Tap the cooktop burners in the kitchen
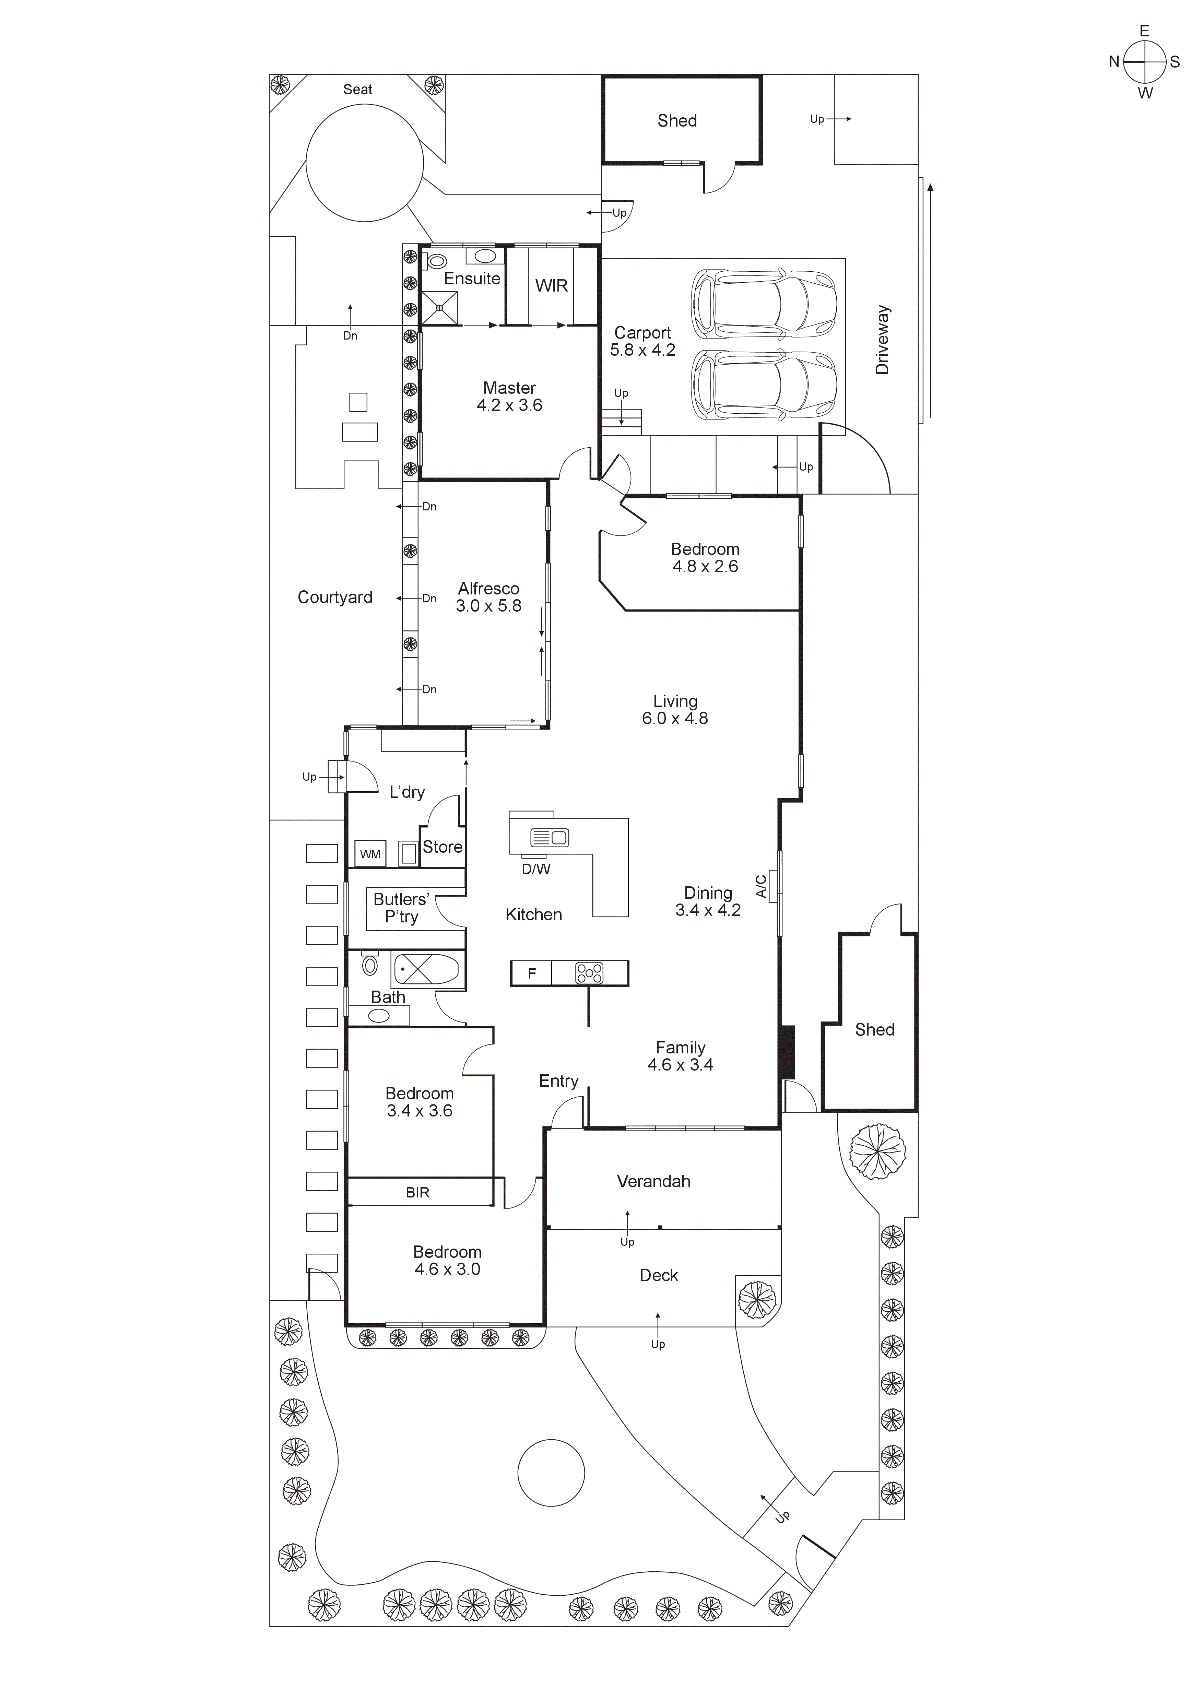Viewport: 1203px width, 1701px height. (590, 973)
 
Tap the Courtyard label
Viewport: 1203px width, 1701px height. (335, 597)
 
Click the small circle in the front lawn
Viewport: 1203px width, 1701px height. (551, 1473)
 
